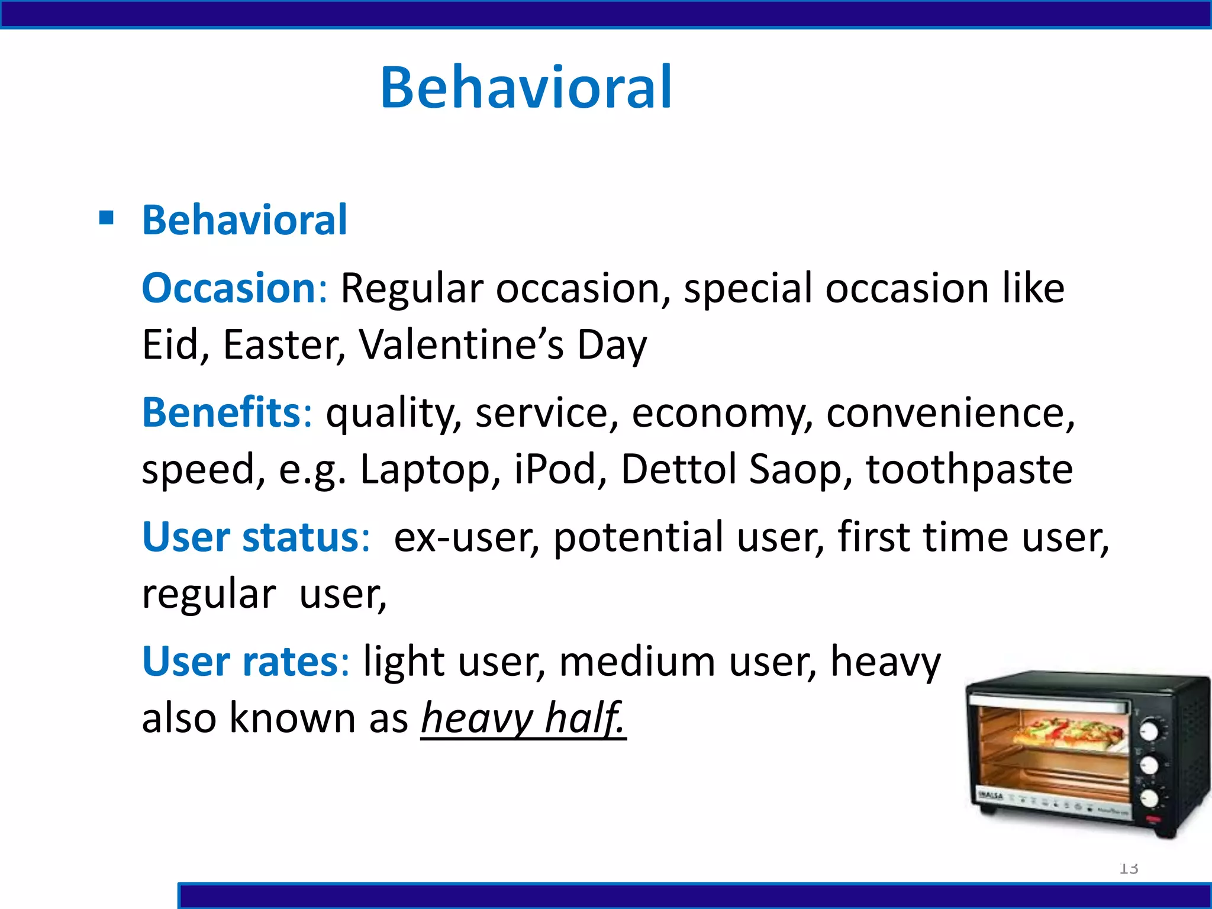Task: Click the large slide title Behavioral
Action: (x=526, y=88)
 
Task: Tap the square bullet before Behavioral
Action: (x=107, y=218)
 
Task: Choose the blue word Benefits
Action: (x=222, y=412)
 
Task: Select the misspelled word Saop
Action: (x=795, y=469)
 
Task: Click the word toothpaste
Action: (x=969, y=469)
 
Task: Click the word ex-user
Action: (x=465, y=537)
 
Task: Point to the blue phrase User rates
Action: (x=240, y=662)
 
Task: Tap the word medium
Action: (x=637, y=662)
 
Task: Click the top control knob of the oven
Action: (x=1149, y=731)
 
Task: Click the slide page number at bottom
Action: (x=1129, y=868)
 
